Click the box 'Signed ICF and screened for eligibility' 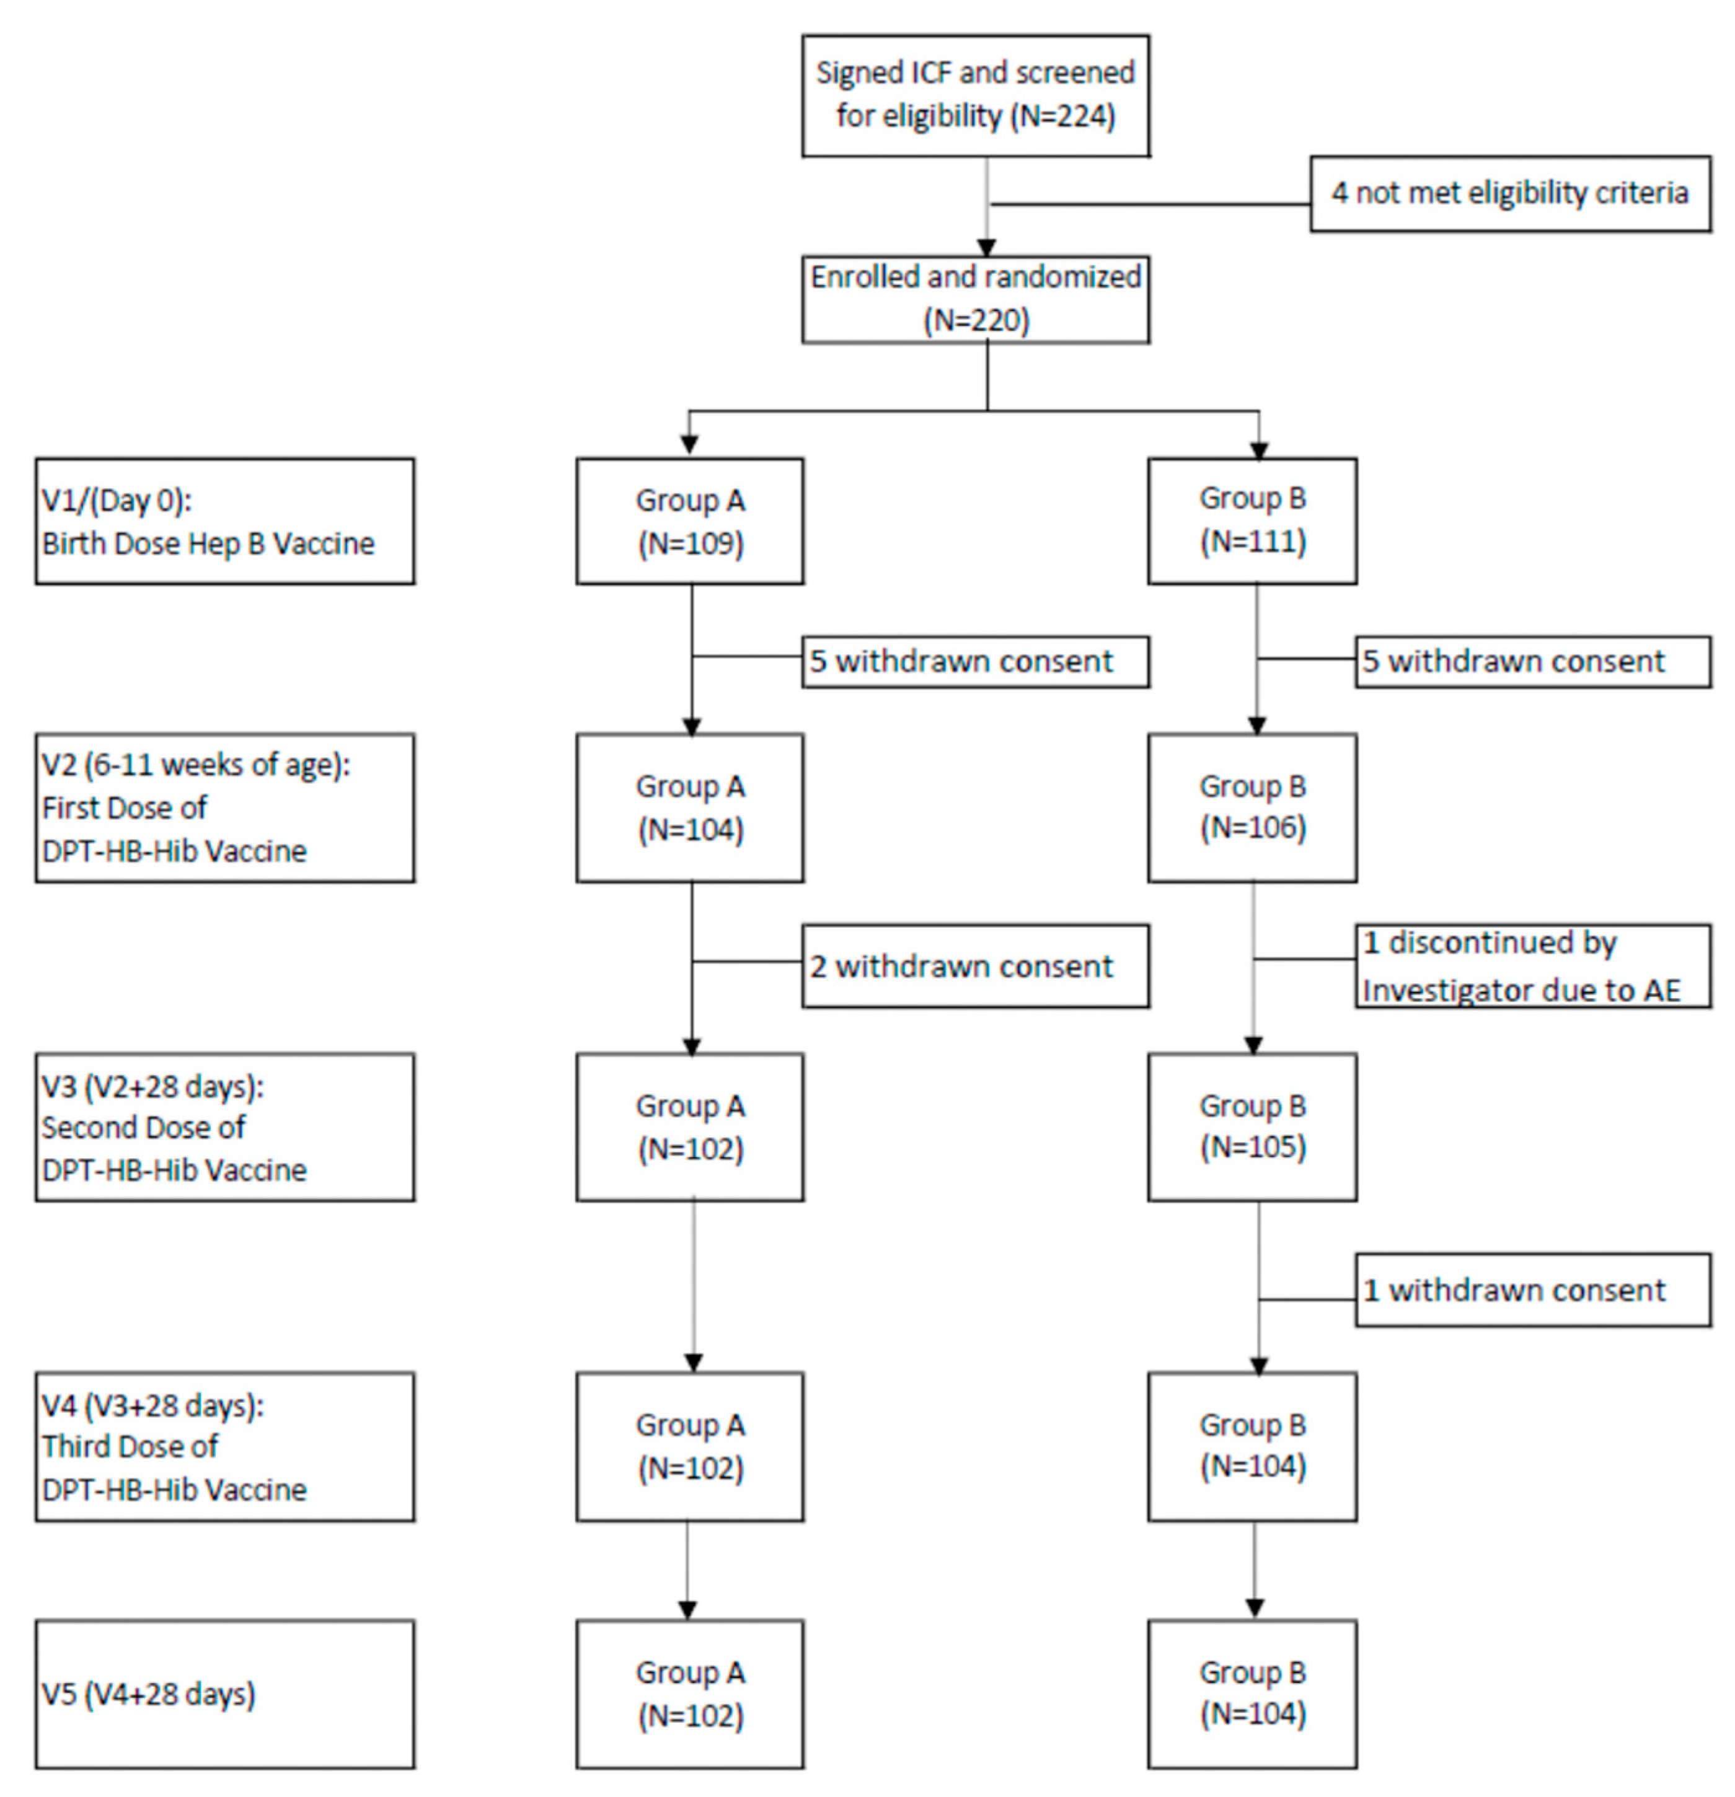coord(975,95)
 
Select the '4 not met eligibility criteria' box coord(1509,193)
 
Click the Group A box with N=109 coord(689,521)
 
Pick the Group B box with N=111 coord(1252,521)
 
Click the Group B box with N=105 coord(1252,1126)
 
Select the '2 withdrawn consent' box coord(975,965)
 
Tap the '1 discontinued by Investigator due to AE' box coord(1532,965)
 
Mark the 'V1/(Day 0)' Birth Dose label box coord(224,521)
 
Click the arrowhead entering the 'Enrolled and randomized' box coord(986,247)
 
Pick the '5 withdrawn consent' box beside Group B coord(1532,661)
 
